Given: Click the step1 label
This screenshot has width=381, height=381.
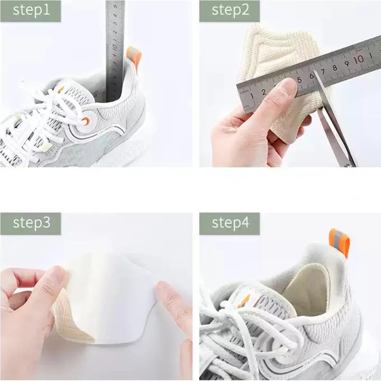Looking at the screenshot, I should tap(31, 10).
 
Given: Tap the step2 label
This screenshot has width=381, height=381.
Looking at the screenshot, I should tap(230, 10).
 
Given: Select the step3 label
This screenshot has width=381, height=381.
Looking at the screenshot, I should tap(31, 223).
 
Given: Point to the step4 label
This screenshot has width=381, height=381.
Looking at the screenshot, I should tap(230, 223).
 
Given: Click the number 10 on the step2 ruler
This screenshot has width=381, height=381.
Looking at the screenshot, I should tap(358, 60).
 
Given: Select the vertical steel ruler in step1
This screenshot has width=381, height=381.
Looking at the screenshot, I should tap(115, 50).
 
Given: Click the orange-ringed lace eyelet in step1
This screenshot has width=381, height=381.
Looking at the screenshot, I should tap(86, 121).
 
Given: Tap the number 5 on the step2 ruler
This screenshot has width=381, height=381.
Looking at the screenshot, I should tap(299, 80).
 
